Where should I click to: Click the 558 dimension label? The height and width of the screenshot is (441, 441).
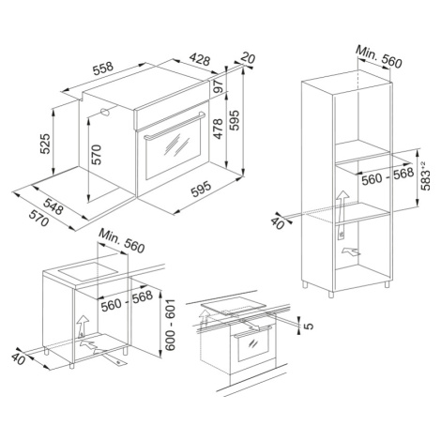click(102, 68)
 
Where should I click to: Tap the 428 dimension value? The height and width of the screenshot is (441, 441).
click(200, 59)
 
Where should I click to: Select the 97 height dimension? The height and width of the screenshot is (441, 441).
click(219, 85)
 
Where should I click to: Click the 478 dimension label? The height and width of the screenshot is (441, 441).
click(218, 129)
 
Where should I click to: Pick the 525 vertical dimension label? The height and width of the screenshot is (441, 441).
click(45, 144)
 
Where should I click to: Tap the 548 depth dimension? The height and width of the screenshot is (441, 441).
click(53, 205)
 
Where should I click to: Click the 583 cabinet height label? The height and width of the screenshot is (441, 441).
click(425, 175)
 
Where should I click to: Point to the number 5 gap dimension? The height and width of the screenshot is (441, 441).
click(309, 326)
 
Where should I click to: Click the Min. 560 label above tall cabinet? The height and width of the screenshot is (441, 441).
click(378, 57)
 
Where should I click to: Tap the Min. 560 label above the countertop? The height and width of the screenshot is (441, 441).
click(121, 241)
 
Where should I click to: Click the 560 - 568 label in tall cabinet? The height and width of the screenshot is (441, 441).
click(388, 176)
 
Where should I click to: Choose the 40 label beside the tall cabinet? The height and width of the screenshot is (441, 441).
click(278, 221)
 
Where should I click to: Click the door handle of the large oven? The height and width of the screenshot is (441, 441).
click(175, 126)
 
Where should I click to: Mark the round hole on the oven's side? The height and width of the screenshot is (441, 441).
click(105, 112)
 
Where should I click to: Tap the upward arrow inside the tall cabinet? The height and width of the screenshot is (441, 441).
click(342, 215)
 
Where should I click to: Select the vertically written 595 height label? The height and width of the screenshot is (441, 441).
click(235, 120)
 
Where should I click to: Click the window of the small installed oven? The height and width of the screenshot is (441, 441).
click(252, 347)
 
